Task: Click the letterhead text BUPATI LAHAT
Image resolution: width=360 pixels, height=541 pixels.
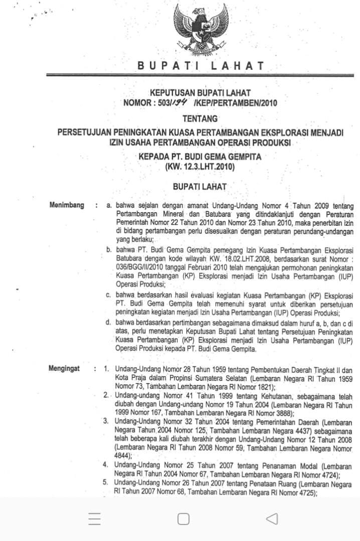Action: [201, 66]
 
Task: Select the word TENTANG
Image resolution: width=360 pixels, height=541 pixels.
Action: [200, 119]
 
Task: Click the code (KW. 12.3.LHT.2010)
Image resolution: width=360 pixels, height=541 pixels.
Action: [200, 166]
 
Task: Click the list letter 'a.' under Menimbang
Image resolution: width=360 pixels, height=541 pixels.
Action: [109, 206]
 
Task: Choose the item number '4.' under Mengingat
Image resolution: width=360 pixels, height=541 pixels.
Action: [106, 465]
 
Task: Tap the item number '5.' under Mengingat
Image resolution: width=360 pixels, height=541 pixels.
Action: [106, 483]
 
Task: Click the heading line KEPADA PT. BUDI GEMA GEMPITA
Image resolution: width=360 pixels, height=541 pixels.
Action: [200, 157]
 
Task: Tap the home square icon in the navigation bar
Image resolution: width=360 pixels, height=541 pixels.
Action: [184, 519]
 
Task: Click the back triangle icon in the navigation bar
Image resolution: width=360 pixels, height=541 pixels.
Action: [271, 519]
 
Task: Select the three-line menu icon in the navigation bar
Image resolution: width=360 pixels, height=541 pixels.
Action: [94, 519]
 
